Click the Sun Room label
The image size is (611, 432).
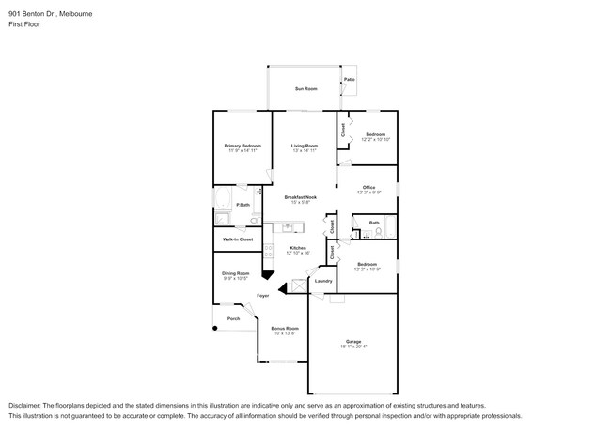point(305,88)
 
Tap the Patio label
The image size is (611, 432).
point(350,80)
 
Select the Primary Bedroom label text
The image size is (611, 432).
point(242,146)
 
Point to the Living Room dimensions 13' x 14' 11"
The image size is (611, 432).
point(304,151)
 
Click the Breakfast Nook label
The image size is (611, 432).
point(301,197)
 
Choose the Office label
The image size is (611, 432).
point(368,187)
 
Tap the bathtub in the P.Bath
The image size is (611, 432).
point(224,200)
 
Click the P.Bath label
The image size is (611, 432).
point(243,205)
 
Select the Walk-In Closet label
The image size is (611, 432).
point(238,239)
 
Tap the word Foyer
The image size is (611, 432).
point(263,296)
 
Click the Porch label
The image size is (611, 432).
point(233,318)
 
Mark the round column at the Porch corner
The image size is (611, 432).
point(215,328)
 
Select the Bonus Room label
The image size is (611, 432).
point(284,328)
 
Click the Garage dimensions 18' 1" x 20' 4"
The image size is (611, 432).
point(352,346)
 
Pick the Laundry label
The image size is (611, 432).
point(323,281)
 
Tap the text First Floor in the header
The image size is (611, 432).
point(25,25)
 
